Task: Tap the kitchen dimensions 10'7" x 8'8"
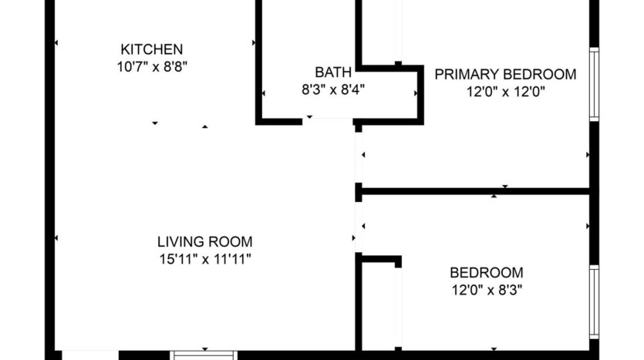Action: [x=153, y=67]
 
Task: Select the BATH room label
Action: [x=333, y=73]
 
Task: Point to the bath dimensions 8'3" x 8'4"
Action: [x=332, y=89]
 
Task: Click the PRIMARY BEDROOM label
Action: [x=505, y=75]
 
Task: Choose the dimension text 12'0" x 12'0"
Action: [x=506, y=92]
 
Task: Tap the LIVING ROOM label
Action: [x=204, y=241]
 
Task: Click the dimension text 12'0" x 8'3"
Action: [x=487, y=291]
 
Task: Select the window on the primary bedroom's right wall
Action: [x=594, y=85]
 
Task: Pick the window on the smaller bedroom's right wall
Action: [x=594, y=301]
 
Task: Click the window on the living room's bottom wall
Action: [x=204, y=355]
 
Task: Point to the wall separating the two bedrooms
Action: [x=475, y=190]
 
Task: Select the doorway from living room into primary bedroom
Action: [x=359, y=157]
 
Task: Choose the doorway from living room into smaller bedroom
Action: [x=359, y=227]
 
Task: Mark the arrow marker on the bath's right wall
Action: [x=416, y=94]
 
